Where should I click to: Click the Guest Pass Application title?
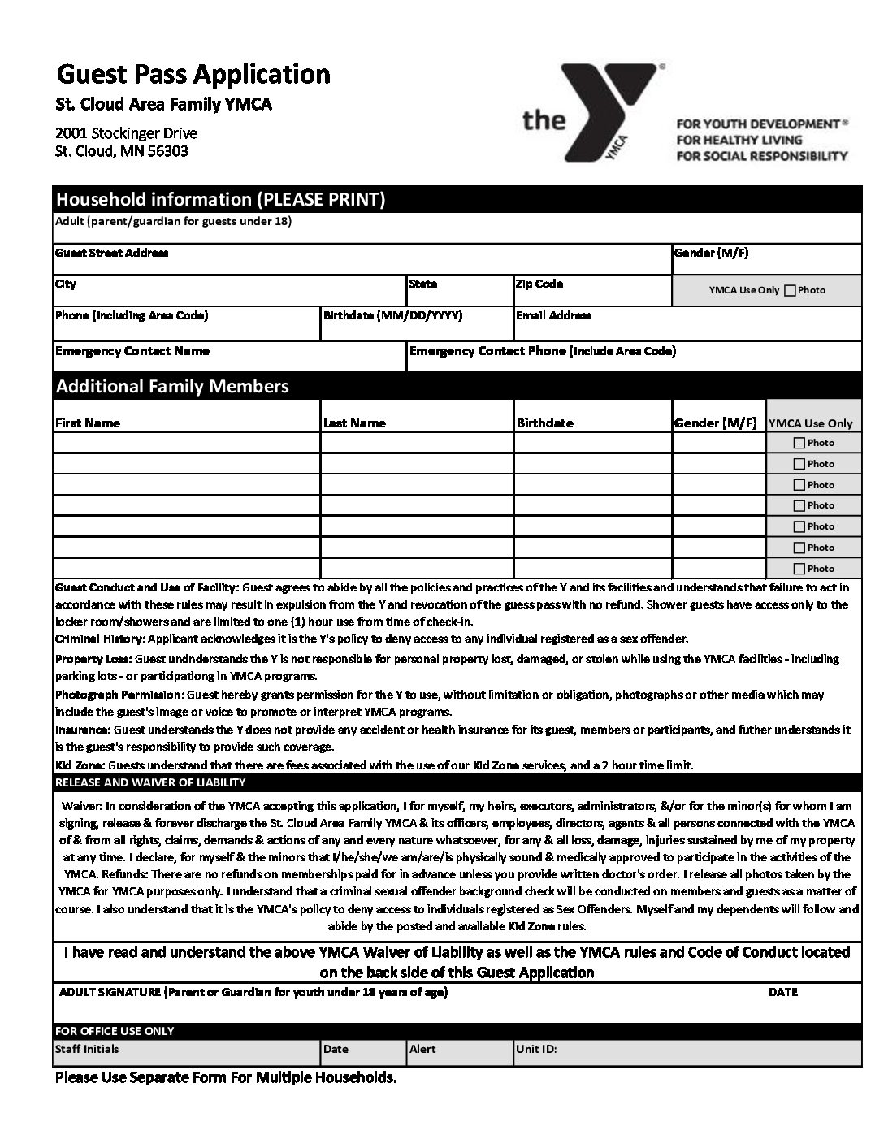(193, 75)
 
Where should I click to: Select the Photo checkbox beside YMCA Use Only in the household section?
(790, 290)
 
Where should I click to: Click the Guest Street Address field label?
(112, 253)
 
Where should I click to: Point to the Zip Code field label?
(539, 284)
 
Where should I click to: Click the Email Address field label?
(553, 315)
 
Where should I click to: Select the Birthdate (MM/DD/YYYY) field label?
(392, 315)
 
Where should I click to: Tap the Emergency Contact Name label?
(132, 351)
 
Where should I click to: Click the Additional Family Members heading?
(172, 386)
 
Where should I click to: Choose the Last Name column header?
(354, 422)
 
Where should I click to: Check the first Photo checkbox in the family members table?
(799, 443)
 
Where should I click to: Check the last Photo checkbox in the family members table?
(799, 569)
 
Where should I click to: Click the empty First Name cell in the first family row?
(187, 443)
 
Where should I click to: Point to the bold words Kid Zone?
(80, 765)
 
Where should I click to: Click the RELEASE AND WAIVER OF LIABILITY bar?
(150, 782)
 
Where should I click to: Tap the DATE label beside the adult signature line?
(782, 992)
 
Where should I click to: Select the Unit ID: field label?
(536, 1049)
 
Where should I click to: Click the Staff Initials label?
(87, 1049)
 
